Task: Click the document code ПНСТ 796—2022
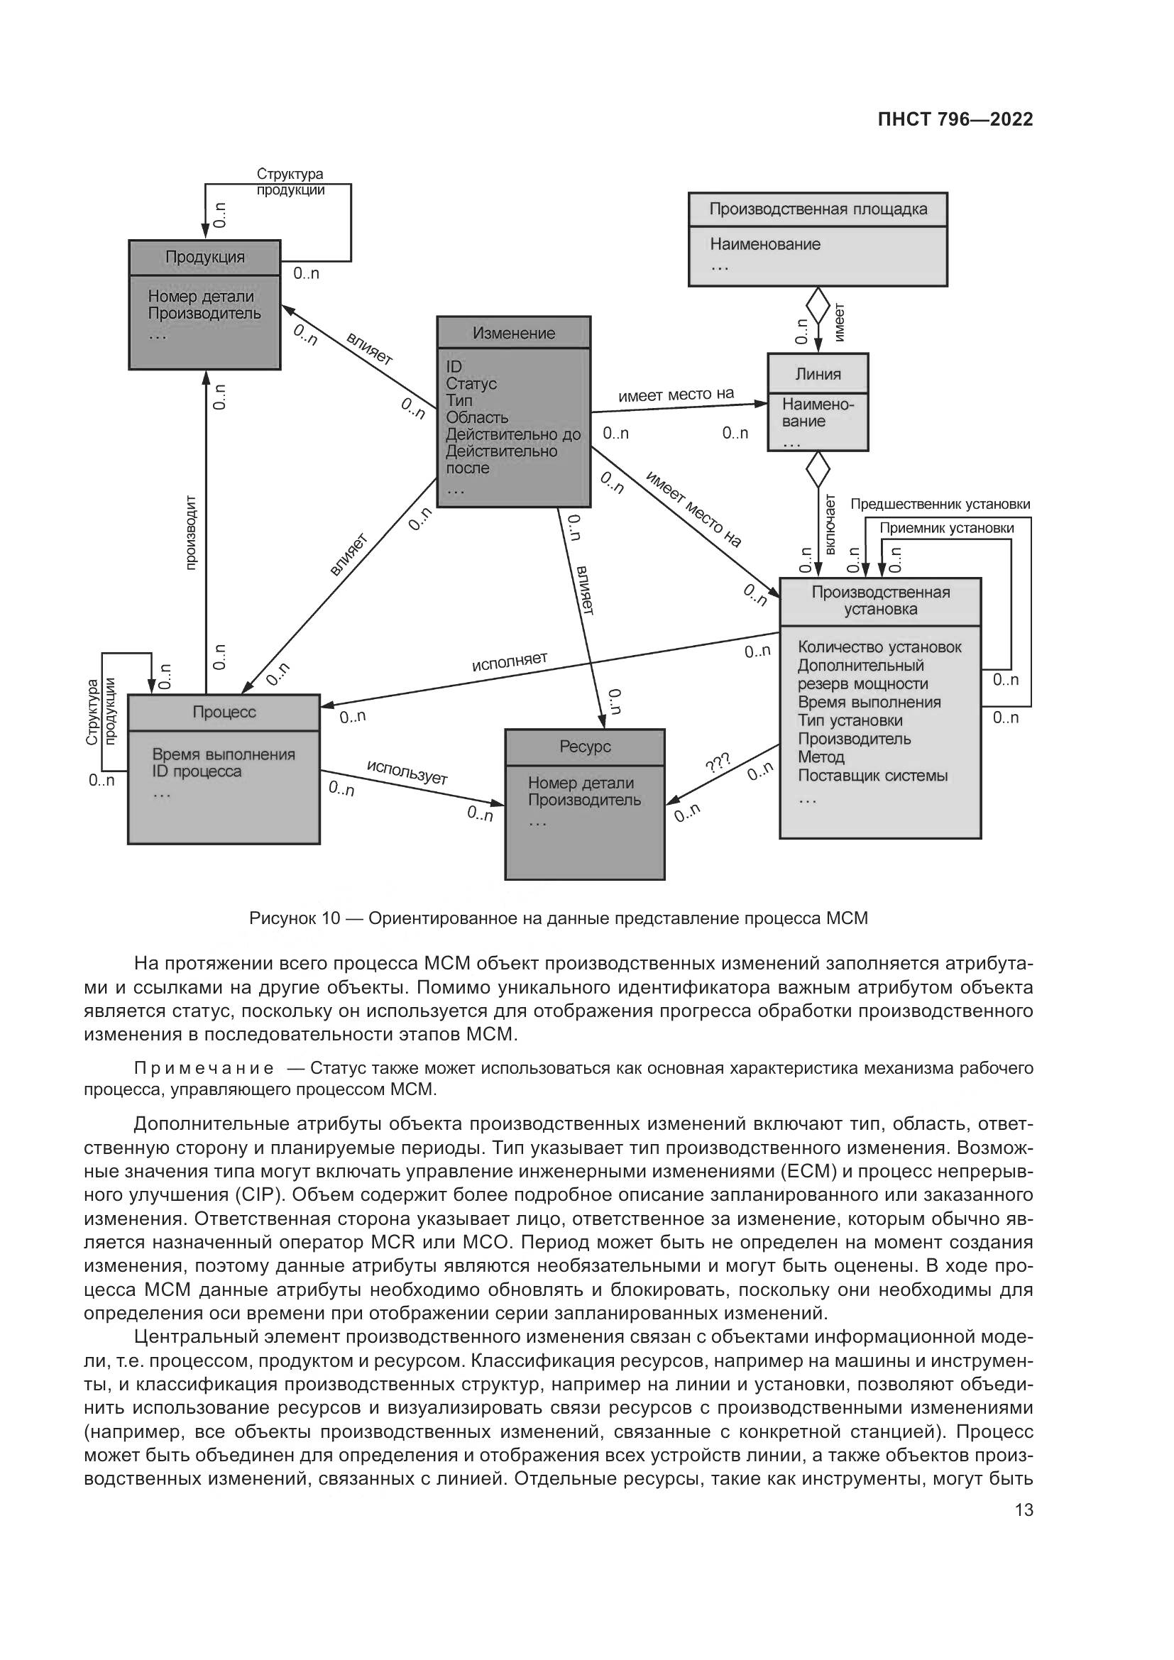click(955, 120)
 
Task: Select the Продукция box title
click(204, 258)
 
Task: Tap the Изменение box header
click(513, 334)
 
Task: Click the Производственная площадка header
click(818, 209)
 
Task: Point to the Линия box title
click(818, 375)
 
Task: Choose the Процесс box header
click(224, 712)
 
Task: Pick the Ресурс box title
click(584, 747)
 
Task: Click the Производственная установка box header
click(879, 601)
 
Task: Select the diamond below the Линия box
click(818, 469)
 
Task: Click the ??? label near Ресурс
click(717, 763)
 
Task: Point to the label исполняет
click(510, 661)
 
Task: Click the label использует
click(407, 772)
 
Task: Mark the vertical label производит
click(191, 532)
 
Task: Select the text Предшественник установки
click(939, 505)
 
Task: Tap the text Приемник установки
click(946, 529)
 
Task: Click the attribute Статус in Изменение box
click(471, 384)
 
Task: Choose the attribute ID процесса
click(197, 771)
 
